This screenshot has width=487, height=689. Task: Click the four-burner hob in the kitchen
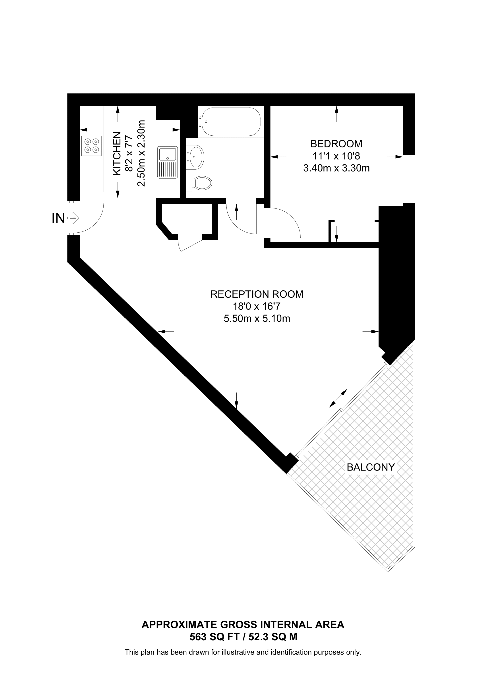coord(91,146)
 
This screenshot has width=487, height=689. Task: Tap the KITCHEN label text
coord(117,153)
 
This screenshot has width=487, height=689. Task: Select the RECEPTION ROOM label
coord(257,294)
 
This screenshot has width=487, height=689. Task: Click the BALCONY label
coord(371,467)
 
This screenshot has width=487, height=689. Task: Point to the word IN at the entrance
coord(58,218)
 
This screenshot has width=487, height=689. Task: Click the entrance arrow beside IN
coord(73,218)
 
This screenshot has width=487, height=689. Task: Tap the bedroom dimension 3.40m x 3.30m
coord(336,168)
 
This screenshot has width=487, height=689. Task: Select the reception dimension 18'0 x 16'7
coord(257,306)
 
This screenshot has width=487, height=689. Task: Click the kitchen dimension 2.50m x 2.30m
coord(141,153)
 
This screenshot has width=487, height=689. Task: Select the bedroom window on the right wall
coord(409,179)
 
